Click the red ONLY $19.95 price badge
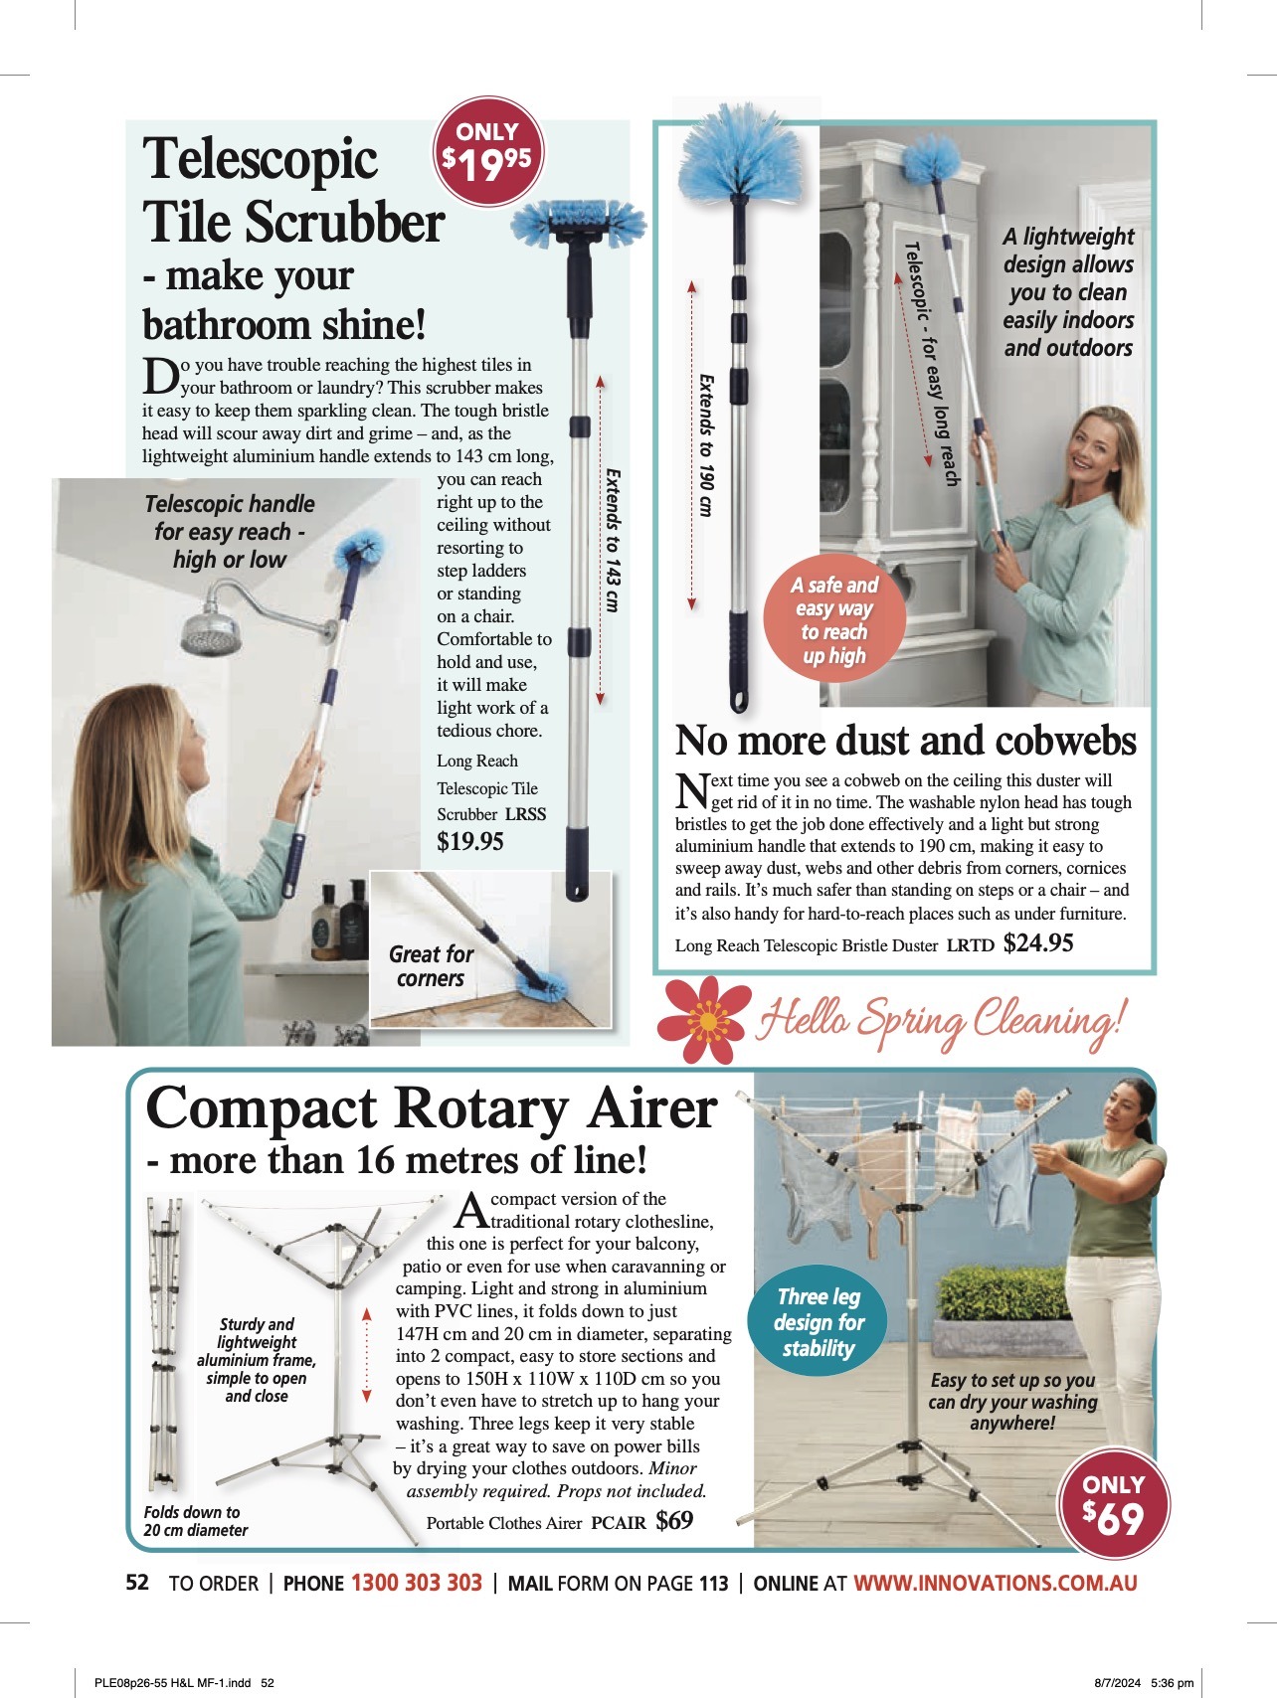point(487,151)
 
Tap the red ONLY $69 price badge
point(1113,1503)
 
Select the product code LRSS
point(525,813)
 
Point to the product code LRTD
point(970,945)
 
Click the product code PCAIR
point(619,1522)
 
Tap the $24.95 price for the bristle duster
point(1038,943)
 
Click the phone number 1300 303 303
point(417,1583)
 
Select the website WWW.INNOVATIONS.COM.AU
point(996,1583)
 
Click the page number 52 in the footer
point(137,1583)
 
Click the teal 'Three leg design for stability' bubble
point(819,1322)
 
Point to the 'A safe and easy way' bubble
point(834,620)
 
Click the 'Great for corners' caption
point(432,966)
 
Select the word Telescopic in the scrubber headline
point(261,159)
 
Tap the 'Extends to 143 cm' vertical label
point(613,540)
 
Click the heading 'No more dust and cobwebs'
point(905,741)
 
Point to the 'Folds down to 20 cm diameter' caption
point(195,1521)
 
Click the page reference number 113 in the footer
point(713,1584)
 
